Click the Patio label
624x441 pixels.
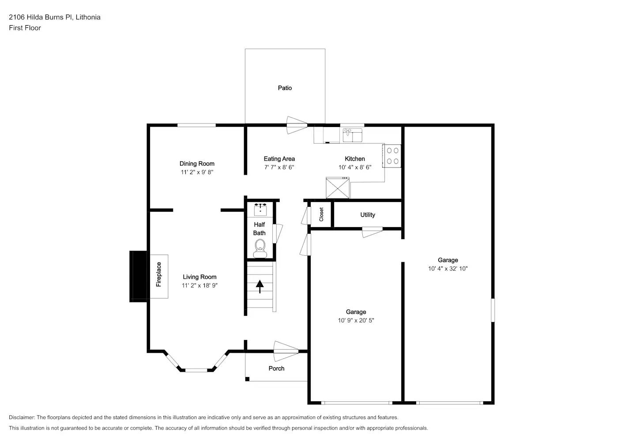(285, 88)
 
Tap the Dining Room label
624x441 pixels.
(197, 164)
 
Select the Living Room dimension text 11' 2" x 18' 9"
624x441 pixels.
(199, 285)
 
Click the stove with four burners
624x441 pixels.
(392, 156)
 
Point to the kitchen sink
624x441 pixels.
(353, 135)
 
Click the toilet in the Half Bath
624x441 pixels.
(260, 249)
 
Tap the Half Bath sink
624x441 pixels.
(260, 209)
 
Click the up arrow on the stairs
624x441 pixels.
(259, 287)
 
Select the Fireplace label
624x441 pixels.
(158, 274)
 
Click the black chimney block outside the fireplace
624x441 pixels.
(138, 277)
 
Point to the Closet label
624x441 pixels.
(321, 214)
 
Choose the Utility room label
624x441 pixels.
(368, 215)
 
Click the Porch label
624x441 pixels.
(276, 369)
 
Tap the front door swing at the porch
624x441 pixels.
(286, 351)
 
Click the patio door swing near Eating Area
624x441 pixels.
(297, 125)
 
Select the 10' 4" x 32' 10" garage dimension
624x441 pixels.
(447, 269)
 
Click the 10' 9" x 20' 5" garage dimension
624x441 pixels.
(356, 321)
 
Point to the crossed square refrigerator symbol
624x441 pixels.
(338, 188)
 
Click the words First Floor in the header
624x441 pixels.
(25, 28)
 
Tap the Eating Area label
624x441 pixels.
(279, 159)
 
